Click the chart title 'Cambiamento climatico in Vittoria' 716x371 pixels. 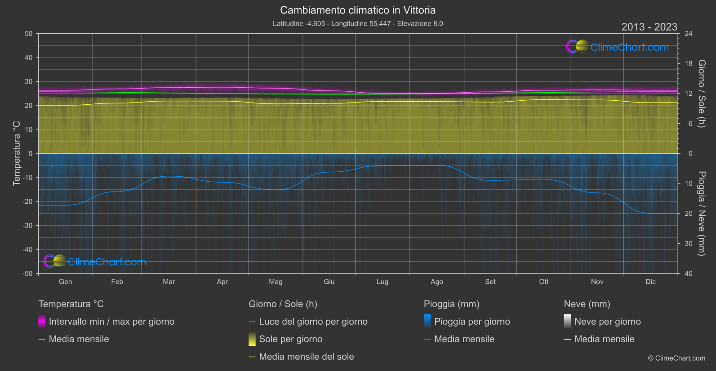(x=358, y=10)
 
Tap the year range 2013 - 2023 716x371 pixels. (x=649, y=27)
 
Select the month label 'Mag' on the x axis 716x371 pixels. (x=276, y=282)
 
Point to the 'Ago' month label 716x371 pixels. (x=436, y=282)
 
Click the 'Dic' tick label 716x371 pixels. (x=650, y=282)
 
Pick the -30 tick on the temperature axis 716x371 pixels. (x=27, y=226)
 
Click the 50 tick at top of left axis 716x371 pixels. (x=29, y=34)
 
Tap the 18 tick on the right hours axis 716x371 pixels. (x=689, y=64)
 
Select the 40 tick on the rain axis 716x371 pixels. (x=689, y=273)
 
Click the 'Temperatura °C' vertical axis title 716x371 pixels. (x=17, y=153)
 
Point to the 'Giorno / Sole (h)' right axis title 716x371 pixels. (x=701, y=94)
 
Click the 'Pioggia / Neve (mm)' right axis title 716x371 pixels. (x=701, y=214)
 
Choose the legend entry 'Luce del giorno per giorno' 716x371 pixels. (x=313, y=322)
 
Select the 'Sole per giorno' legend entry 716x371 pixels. (x=290, y=339)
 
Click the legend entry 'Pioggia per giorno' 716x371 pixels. (x=472, y=322)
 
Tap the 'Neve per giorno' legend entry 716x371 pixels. (x=607, y=322)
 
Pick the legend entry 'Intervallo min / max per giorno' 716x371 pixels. (x=111, y=322)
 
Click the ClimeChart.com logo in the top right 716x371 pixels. (x=618, y=47)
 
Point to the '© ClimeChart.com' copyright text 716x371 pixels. (x=676, y=358)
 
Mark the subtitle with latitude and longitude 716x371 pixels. (x=358, y=23)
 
